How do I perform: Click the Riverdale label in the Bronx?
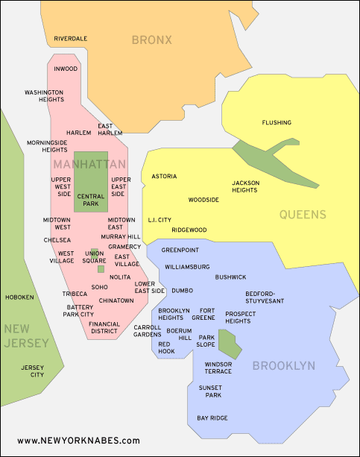pos(71,38)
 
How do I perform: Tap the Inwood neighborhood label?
pos(66,68)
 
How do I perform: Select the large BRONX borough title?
pos(151,40)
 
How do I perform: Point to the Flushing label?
pos(277,122)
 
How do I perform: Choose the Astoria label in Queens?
pos(164,177)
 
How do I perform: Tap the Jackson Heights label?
pos(244,186)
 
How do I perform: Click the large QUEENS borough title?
pos(303,215)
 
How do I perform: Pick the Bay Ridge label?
pos(212,418)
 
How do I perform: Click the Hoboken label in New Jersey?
pos(19,297)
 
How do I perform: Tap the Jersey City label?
pos(33,371)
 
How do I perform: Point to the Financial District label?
pos(104,328)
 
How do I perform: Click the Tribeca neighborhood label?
pos(75,294)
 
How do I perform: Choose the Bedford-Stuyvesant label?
pos(265,297)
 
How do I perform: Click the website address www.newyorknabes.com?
pos(78,441)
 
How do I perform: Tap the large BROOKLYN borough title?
pos(283,366)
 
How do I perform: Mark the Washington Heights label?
pos(44,95)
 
